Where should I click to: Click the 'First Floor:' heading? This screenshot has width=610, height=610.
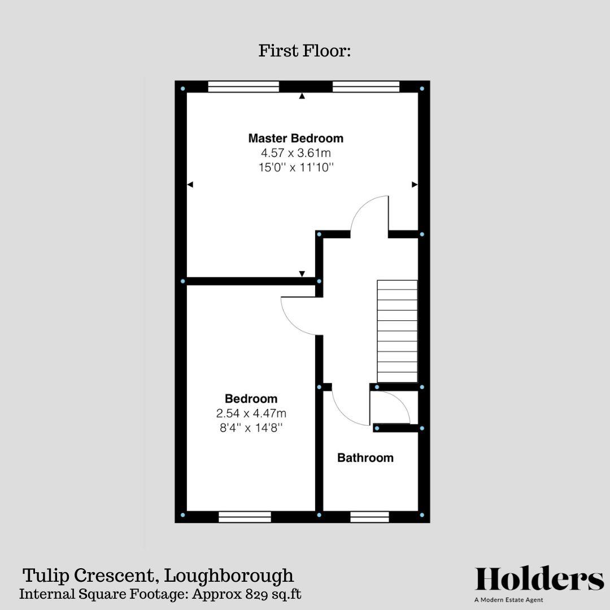[x=305, y=51]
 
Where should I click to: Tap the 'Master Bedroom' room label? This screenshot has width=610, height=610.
[x=295, y=138]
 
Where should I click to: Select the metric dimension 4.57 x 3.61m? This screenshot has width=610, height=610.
[x=295, y=153]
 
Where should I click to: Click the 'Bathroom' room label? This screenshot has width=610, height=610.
[x=365, y=457]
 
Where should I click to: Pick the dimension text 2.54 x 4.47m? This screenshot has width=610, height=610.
[x=251, y=413]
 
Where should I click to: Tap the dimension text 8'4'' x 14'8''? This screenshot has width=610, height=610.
[x=251, y=428]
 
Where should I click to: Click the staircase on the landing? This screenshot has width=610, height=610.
[x=397, y=331]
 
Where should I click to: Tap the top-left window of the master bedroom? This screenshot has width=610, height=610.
[x=243, y=86]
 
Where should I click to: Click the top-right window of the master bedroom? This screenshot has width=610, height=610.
[x=366, y=86]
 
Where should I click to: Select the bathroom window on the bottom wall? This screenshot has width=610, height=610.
[x=369, y=516]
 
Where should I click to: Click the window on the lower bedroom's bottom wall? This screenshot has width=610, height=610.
[x=245, y=516]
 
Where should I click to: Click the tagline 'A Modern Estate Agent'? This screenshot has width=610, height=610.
[x=509, y=600]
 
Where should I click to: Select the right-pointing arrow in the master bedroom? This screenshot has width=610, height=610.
[x=414, y=184]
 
